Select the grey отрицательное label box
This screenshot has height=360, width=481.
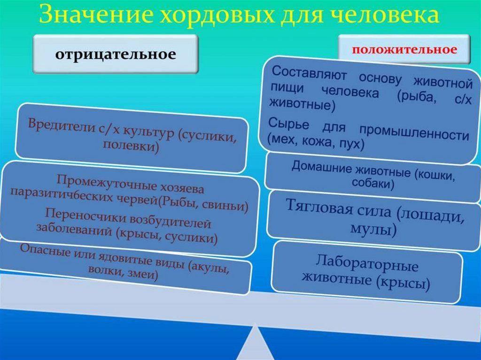(116, 55)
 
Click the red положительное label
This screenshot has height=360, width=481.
(404, 49)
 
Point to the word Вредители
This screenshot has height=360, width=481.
(58, 126)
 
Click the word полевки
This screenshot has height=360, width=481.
(131, 147)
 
